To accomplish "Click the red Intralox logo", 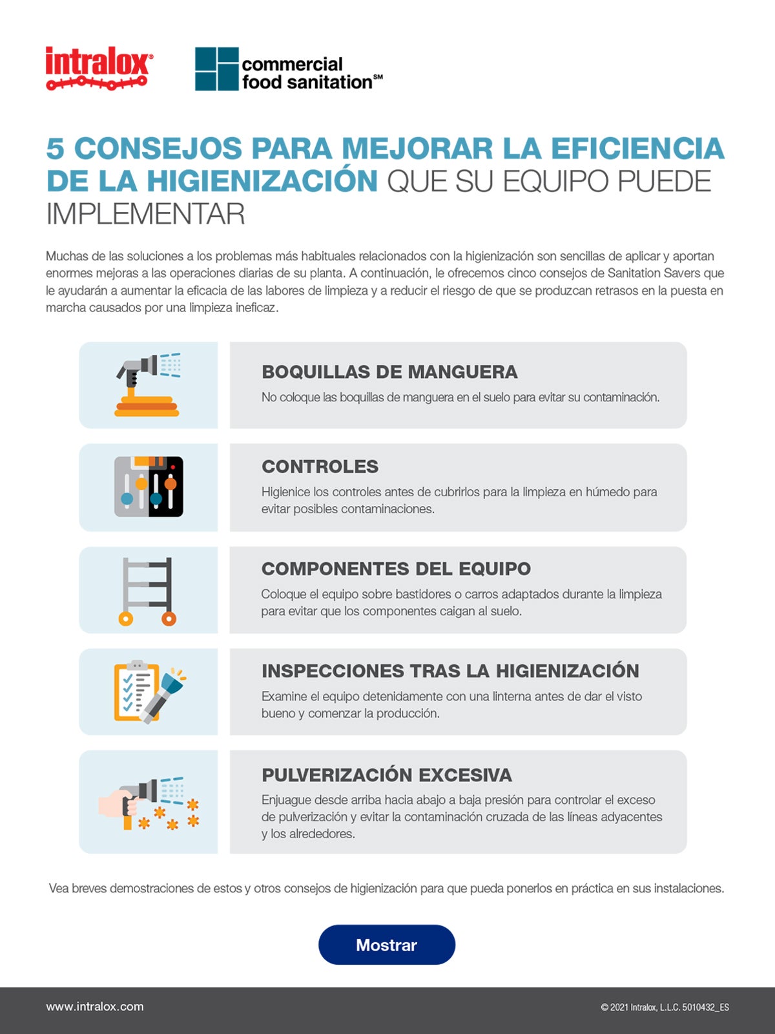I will point(99,68).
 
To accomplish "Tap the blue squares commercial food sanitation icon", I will point(216,69).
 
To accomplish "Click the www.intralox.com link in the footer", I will point(95,1006).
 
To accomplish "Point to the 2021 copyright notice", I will point(665,1007).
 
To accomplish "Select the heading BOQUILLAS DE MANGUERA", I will point(389,372).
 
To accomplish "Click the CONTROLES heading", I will point(320,466).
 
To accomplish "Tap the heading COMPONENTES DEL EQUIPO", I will point(396,568).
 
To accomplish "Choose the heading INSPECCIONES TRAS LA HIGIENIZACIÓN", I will point(450,671).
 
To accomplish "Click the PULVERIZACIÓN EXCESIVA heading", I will point(386,774).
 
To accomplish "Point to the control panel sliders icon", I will point(149,487).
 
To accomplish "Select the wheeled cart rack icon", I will point(148,591).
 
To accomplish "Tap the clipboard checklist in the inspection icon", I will point(134,690).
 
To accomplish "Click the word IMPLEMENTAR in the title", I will point(145,214).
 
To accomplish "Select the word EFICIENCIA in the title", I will point(637,148).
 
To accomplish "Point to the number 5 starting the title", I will point(55,148).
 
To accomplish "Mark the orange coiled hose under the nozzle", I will point(147,406).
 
